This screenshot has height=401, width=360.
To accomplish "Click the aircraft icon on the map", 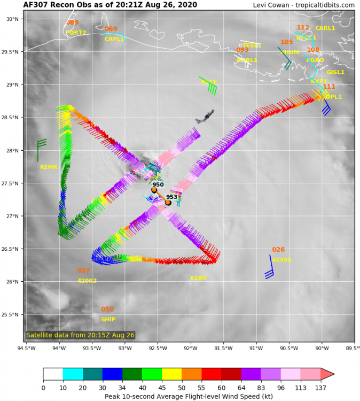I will click(x=205, y=117).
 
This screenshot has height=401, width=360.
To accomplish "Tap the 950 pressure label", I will click(x=158, y=185).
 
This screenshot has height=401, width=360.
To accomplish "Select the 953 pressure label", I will click(x=171, y=197).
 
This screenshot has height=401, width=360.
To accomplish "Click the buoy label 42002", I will click(x=87, y=281).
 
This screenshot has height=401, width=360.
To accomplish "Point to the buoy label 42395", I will click(x=281, y=260).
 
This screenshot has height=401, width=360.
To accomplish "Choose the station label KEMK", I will click(x=49, y=167).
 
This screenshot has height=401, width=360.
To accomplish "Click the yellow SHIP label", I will click(x=108, y=320).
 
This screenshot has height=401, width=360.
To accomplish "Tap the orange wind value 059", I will click(x=107, y=310).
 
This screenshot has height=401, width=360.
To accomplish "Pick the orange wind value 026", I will click(x=278, y=250).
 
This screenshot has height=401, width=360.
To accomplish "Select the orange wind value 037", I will click(x=83, y=271).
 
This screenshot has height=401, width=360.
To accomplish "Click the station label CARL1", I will click(x=325, y=28).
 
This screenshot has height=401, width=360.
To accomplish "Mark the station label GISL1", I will click(x=335, y=72).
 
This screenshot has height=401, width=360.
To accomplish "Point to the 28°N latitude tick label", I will click(x=12, y=151).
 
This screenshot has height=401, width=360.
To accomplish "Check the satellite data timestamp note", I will click(x=80, y=335).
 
